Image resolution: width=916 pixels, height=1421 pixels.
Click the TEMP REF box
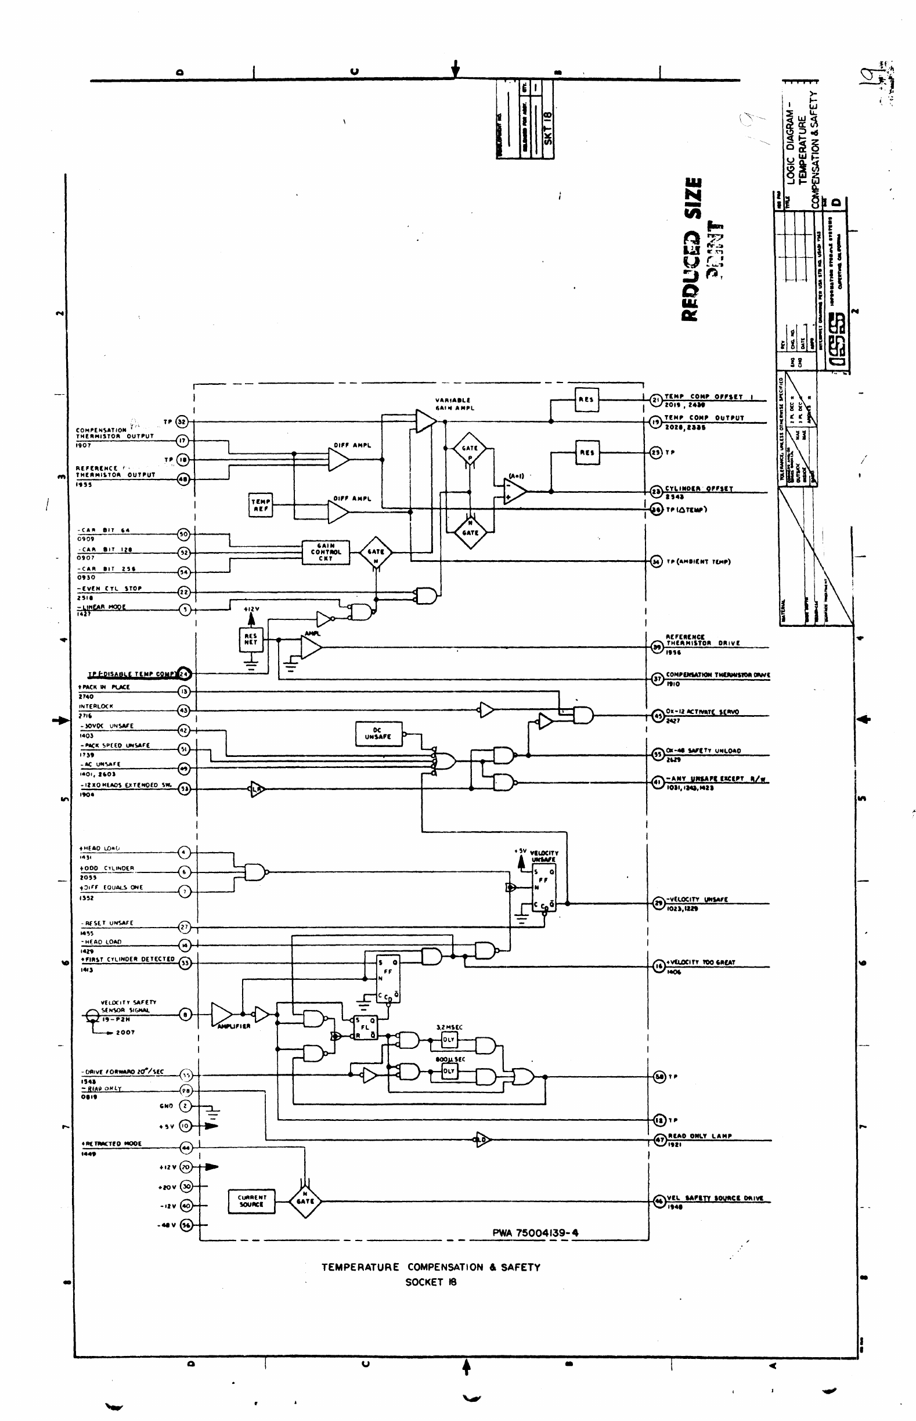(261, 505)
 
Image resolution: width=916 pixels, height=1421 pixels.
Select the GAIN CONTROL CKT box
(325, 552)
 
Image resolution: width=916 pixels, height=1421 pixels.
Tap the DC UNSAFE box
(378, 733)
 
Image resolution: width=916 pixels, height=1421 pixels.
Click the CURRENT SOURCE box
(251, 1201)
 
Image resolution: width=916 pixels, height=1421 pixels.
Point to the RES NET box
(251, 640)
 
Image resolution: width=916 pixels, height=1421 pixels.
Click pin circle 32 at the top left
(182, 422)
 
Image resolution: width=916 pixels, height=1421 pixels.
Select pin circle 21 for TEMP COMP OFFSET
(655, 401)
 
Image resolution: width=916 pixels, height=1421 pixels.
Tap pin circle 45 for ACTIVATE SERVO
(658, 716)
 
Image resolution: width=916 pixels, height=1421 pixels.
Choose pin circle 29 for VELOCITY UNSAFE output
(658, 903)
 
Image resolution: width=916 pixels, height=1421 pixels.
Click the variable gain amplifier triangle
(425, 421)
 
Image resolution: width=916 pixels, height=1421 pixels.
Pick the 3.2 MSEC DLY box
(449, 1039)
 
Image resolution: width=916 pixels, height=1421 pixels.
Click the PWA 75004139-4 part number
(535, 1232)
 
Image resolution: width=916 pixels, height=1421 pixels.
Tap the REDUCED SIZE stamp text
(693, 249)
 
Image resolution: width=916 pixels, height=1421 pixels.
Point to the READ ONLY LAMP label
(700, 1135)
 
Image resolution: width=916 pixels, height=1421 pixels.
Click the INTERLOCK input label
(96, 706)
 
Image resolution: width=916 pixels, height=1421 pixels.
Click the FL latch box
(365, 1027)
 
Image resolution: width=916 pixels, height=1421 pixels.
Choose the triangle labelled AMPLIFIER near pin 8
(221, 1014)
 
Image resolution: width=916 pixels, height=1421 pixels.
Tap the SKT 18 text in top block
(548, 127)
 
